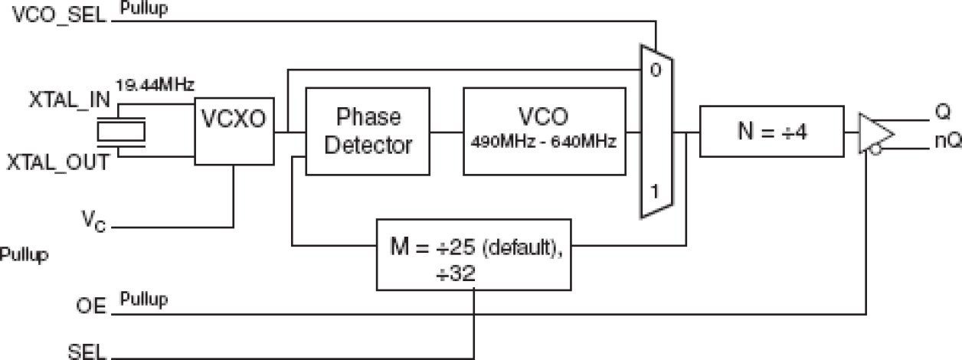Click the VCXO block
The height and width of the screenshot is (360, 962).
[233, 130]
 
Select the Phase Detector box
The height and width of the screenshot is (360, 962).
[368, 132]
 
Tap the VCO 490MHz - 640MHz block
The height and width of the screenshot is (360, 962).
[542, 132]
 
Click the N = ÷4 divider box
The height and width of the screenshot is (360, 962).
[771, 132]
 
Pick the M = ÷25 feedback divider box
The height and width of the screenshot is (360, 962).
[473, 254]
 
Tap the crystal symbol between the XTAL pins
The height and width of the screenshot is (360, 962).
[122, 130]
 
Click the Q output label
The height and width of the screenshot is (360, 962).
[943, 112]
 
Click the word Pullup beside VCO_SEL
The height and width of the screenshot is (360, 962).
[145, 8]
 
